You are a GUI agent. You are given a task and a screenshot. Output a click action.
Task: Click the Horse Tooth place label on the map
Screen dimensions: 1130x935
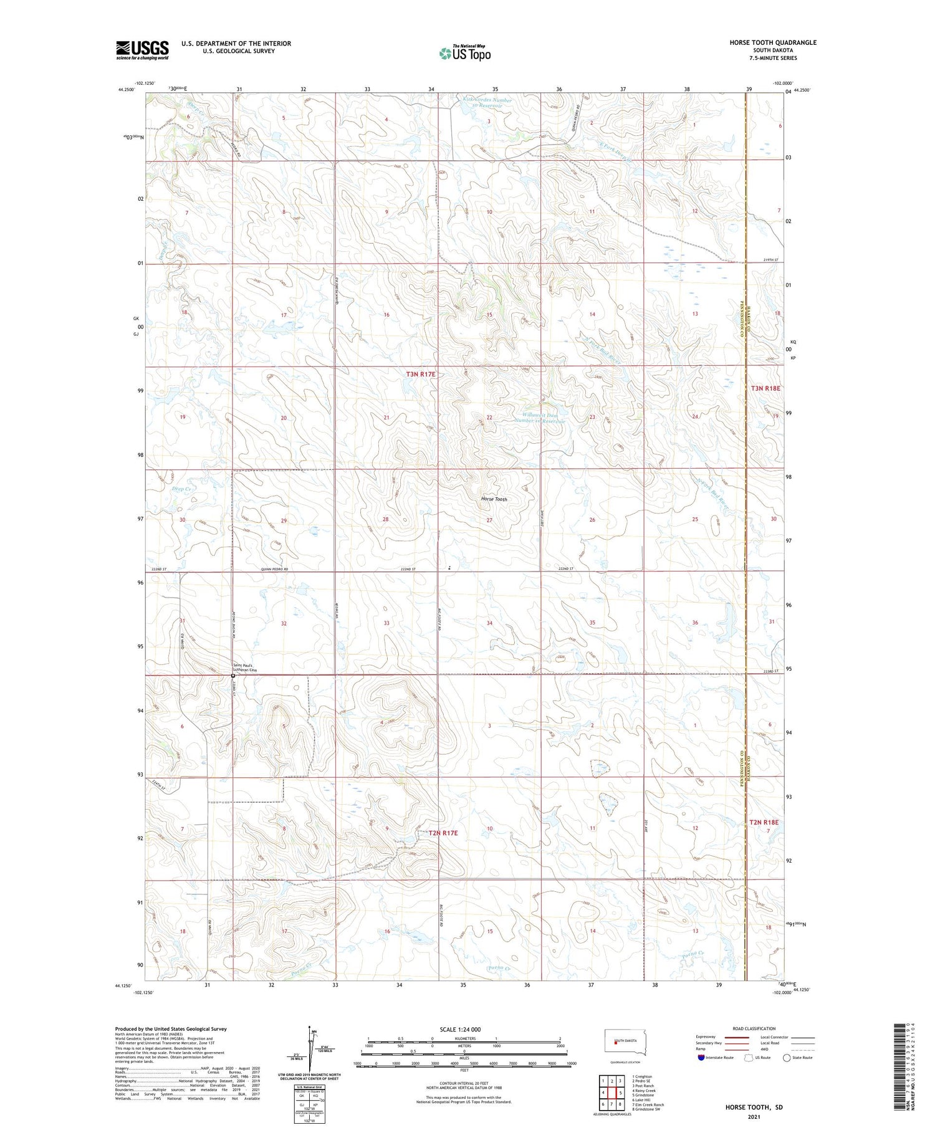(x=494, y=499)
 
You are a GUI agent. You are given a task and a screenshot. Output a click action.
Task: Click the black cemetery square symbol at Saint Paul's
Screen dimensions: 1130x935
(x=233, y=676)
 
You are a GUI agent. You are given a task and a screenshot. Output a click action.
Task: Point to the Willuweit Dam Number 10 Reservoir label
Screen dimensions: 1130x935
(x=540, y=417)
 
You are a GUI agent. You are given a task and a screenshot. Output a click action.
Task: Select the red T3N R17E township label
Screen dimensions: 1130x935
(x=421, y=374)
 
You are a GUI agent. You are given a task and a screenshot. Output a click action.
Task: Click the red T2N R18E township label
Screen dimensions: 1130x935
(x=765, y=823)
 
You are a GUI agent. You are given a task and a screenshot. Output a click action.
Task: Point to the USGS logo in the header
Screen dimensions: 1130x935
(x=142, y=50)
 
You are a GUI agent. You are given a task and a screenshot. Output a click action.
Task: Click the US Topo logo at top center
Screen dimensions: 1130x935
(x=464, y=53)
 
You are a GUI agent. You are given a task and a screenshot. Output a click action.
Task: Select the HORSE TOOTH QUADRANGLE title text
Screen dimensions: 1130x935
(x=764, y=42)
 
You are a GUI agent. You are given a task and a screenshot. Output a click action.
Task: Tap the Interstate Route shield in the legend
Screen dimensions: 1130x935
(x=701, y=1057)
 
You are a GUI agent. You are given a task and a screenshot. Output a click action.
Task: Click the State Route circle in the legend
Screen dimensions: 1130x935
(x=787, y=1057)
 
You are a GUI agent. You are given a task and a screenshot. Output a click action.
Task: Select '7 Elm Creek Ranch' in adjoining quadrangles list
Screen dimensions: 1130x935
(x=648, y=1104)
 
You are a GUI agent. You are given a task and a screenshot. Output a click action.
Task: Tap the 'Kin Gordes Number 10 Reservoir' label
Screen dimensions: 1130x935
(x=487, y=103)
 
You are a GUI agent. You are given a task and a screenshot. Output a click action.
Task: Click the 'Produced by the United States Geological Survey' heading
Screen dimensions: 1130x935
(x=171, y=1029)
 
